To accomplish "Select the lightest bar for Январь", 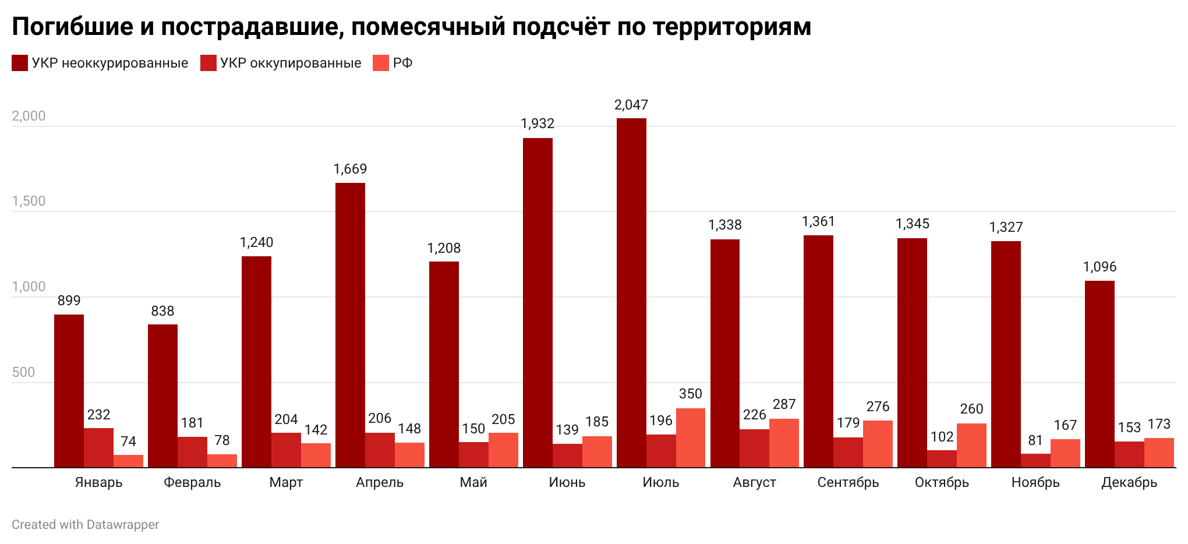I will coord(128,461).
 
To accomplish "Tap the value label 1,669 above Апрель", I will coord(350,169).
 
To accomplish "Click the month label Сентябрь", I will coord(848,482).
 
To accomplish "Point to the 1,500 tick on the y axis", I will coord(29,201).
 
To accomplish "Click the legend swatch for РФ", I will coord(380,63).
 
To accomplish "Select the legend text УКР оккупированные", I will coord(291,63).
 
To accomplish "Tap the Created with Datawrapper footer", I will coord(85,524).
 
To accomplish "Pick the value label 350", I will coord(691,394).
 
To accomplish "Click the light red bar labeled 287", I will coord(784,443).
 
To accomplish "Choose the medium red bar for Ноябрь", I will coord(1035,460).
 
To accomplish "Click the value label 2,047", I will coord(631,105).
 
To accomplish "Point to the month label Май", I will coord(473,482).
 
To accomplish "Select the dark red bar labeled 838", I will coord(162,396).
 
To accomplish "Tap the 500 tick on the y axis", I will coord(23,372).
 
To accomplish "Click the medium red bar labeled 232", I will coord(98,447).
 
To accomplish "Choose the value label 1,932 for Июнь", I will coord(538,123).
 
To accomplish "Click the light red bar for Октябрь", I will coord(971,445).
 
